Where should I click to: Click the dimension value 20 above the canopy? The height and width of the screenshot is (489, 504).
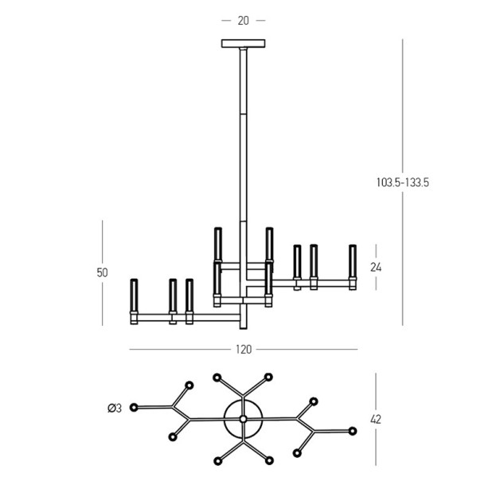click(x=244, y=21)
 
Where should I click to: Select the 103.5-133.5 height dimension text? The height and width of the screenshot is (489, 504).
click(x=403, y=182)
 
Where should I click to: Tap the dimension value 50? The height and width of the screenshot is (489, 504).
click(x=102, y=272)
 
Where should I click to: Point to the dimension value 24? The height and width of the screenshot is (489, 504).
click(x=376, y=267)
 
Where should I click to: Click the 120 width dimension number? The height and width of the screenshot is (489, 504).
click(x=244, y=350)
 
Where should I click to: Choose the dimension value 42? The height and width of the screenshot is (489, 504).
click(x=376, y=420)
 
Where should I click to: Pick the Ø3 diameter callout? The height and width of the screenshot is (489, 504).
click(x=115, y=409)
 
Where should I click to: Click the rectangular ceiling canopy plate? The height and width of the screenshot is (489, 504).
click(x=244, y=43)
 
